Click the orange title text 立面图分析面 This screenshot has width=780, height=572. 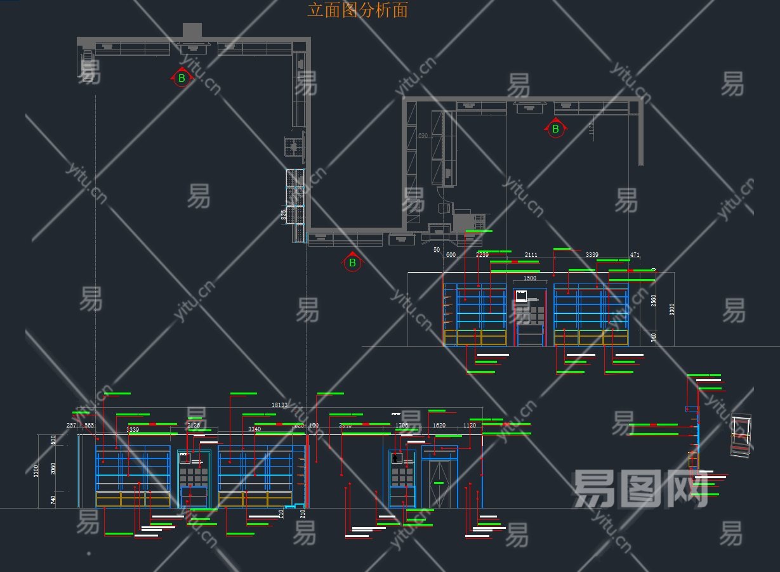point(357,10)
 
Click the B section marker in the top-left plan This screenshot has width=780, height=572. point(182,78)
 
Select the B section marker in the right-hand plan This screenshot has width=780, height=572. point(555,129)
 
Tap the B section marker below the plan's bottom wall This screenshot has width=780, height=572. point(352,262)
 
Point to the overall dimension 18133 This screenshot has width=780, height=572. point(279,405)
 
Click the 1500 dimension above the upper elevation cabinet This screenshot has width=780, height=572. point(529,278)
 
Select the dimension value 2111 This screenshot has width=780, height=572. point(531,255)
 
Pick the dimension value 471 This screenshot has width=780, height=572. point(635,255)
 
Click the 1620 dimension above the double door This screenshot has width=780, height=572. point(439,426)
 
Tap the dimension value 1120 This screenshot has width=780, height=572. point(470,426)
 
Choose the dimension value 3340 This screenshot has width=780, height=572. point(254,430)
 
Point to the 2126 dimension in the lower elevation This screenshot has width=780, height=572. point(194,426)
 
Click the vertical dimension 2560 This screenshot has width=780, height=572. point(654,300)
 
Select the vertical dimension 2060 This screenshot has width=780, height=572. point(53,468)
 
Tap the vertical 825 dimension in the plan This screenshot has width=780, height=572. point(284,215)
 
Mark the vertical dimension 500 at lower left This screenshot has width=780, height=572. point(53,439)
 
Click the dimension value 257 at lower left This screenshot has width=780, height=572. point(72,426)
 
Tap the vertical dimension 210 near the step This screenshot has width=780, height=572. point(303,513)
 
